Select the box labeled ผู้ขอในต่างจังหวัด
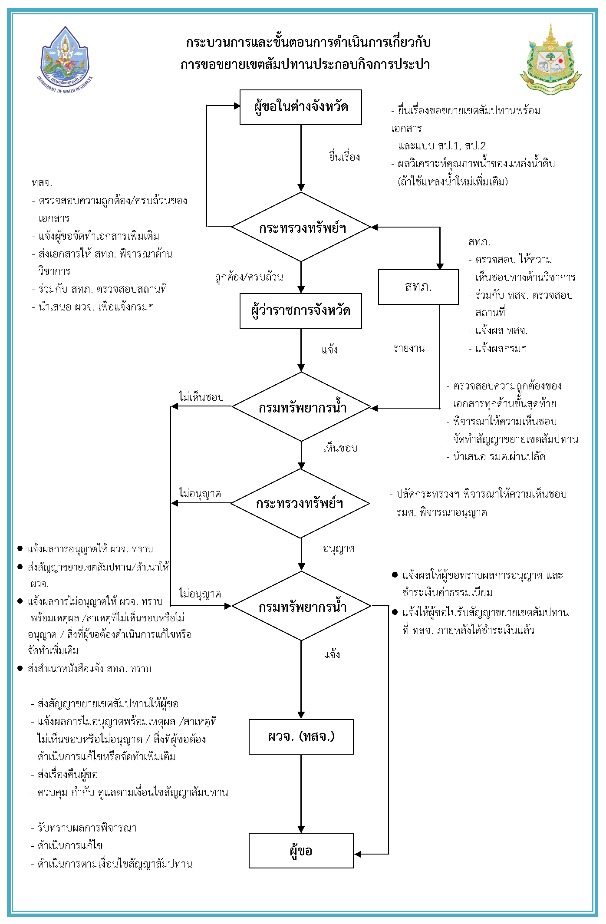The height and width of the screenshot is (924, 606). point(300,107)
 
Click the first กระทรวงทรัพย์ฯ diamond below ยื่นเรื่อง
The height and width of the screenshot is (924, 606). point(301,227)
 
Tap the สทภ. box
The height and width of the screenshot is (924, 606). point(418,287)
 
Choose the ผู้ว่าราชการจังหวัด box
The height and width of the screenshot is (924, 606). point(300,311)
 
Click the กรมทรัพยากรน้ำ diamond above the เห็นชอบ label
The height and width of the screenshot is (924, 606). point(301,407)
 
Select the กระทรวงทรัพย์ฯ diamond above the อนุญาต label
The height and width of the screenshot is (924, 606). point(300,504)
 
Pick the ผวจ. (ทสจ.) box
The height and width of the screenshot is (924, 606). point(301,736)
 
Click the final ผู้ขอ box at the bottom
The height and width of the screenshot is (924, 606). point(301,851)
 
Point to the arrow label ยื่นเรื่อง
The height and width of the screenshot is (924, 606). point(344,157)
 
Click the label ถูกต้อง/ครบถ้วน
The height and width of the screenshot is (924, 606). point(249,277)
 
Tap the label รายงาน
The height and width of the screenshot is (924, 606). point(409,348)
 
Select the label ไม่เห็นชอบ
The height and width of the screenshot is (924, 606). point(201,397)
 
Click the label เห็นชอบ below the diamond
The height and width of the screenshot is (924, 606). point(340,448)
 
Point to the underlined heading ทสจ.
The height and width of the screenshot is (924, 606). point(42,183)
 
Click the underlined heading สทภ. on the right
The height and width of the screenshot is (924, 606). point(479,242)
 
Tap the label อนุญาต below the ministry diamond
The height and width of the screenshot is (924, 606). point(339,549)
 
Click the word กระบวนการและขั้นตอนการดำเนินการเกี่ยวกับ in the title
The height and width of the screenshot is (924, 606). point(308,43)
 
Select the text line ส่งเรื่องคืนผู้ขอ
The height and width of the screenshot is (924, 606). point(67,775)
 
